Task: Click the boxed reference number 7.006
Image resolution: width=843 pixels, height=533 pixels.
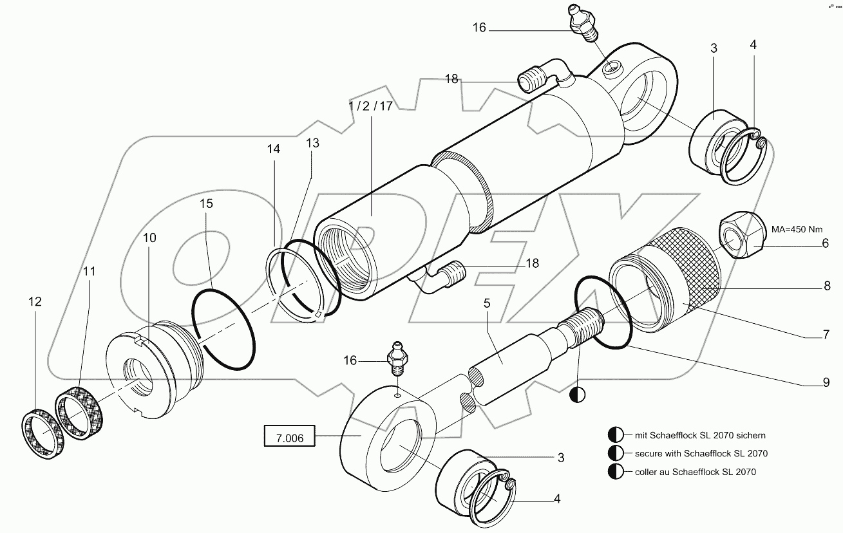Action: [289, 438]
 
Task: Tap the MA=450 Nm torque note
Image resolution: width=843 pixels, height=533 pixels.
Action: [797, 229]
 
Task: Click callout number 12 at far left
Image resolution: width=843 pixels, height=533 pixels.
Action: [35, 301]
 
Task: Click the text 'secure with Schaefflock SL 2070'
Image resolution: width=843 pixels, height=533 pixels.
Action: [696, 453]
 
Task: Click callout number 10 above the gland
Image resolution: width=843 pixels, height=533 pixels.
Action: [149, 238]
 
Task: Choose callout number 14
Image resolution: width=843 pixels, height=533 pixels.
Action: [274, 149]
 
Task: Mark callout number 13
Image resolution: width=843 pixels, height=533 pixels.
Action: [312, 143]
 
